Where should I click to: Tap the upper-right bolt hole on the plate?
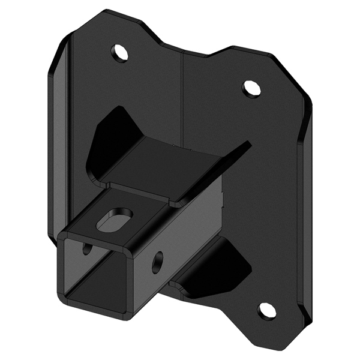[251, 88]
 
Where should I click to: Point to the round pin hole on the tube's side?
[158, 260]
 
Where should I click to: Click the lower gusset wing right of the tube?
[231, 264]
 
